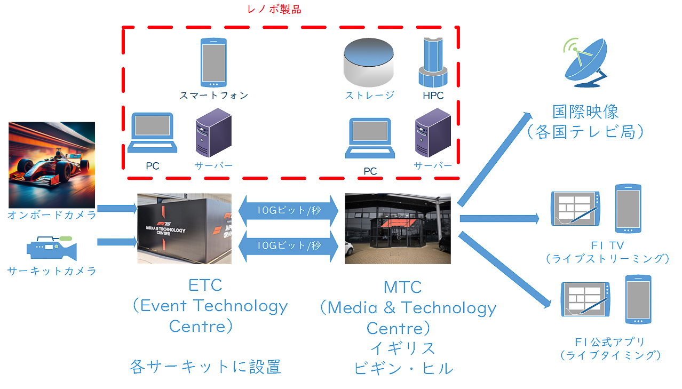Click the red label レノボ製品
(274, 10)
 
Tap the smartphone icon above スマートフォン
(213, 62)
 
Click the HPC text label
(433, 96)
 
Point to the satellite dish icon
(585, 62)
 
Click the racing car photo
(52, 165)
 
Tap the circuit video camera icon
(52, 248)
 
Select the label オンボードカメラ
(52, 215)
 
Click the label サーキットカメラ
(52, 271)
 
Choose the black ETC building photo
(184, 229)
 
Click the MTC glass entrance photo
(398, 229)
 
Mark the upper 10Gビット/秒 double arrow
(289, 210)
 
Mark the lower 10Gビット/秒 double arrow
(289, 245)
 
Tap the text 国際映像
(585, 113)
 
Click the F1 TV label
(607, 245)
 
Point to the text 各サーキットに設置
(205, 367)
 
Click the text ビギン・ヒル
(403, 368)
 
